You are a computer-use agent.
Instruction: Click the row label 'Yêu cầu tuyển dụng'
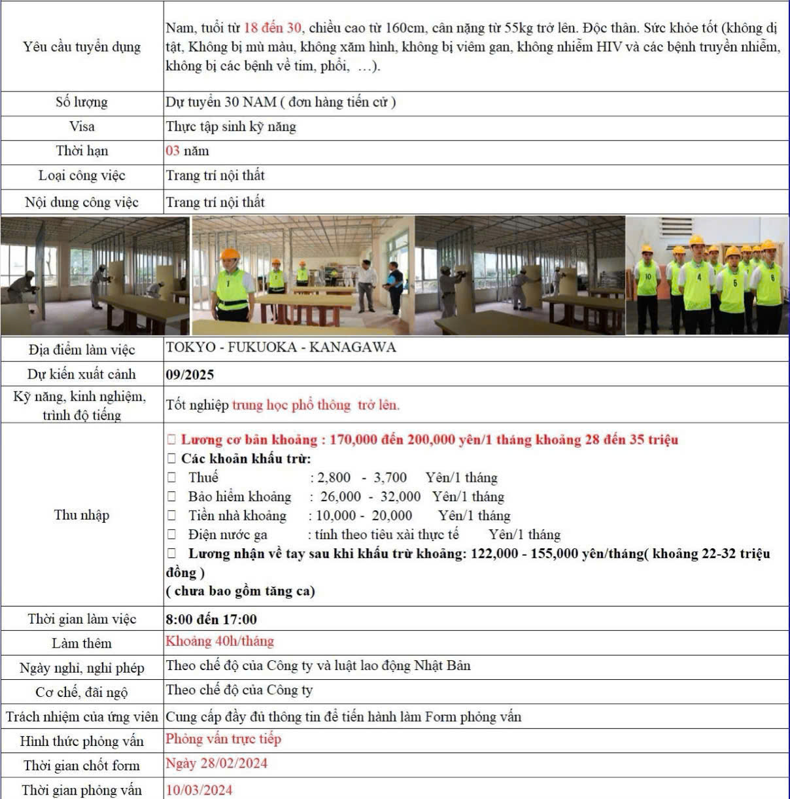(82, 46)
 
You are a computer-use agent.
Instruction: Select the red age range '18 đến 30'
(272, 27)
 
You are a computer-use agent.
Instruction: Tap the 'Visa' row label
(82, 126)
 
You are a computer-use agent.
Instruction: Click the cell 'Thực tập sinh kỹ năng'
(231, 126)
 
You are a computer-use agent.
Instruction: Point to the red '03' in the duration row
(173, 151)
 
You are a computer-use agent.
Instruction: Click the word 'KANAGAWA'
(352, 347)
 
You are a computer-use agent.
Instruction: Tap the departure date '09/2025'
(190, 374)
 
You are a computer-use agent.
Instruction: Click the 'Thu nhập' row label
(82, 515)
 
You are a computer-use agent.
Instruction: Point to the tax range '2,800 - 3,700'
(362, 478)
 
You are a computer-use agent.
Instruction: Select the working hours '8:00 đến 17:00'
(211, 619)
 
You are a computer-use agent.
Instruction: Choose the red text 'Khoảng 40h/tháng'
(220, 641)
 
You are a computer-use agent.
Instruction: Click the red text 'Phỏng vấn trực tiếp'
(223, 739)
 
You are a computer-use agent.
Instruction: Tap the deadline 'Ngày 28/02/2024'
(216, 763)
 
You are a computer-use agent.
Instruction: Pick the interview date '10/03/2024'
(199, 790)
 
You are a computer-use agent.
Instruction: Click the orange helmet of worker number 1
(230, 255)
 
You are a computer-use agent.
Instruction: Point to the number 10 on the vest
(647, 277)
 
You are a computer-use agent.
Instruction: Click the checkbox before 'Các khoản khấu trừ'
(172, 459)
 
